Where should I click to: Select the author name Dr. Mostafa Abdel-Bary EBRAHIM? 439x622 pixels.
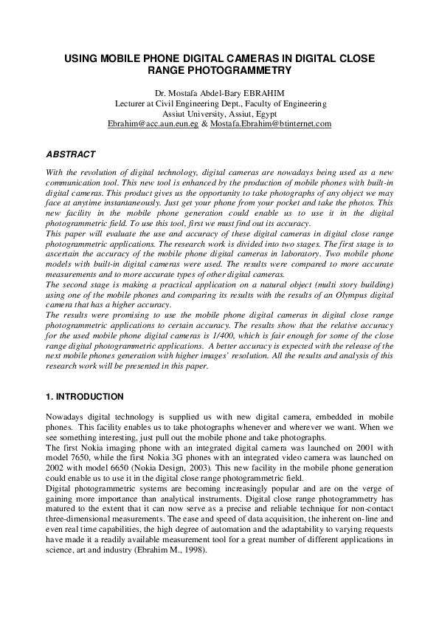click(220, 94)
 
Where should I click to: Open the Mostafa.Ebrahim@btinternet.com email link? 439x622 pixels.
click(271, 125)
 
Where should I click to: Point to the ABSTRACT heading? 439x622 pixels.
click(71, 154)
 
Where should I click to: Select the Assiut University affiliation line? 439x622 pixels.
click(220, 115)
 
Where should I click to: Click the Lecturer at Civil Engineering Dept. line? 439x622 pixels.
click(220, 104)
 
